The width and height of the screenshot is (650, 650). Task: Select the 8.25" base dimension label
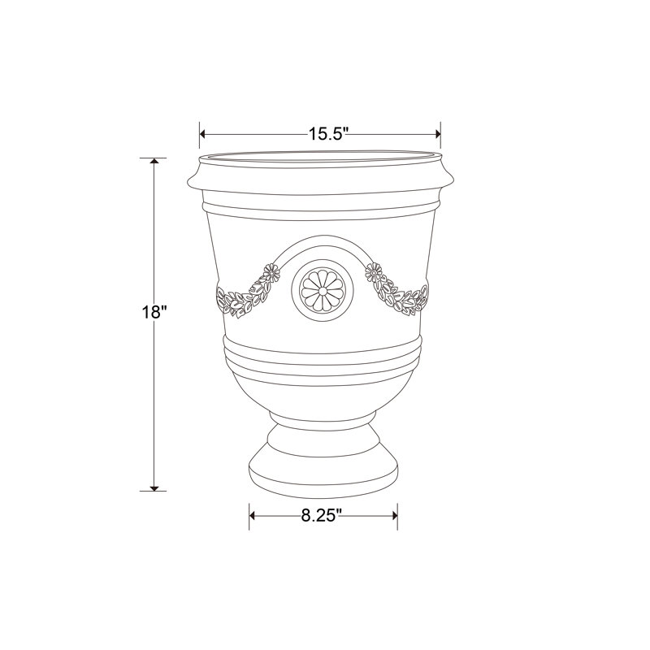click(321, 515)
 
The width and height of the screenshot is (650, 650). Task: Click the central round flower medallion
click(323, 291)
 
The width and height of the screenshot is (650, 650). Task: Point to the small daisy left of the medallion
click(271, 273)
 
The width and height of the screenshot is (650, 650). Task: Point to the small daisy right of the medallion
click(374, 272)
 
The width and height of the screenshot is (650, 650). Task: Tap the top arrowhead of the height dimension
click(154, 161)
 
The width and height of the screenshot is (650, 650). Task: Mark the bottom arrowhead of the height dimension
click(154, 487)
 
